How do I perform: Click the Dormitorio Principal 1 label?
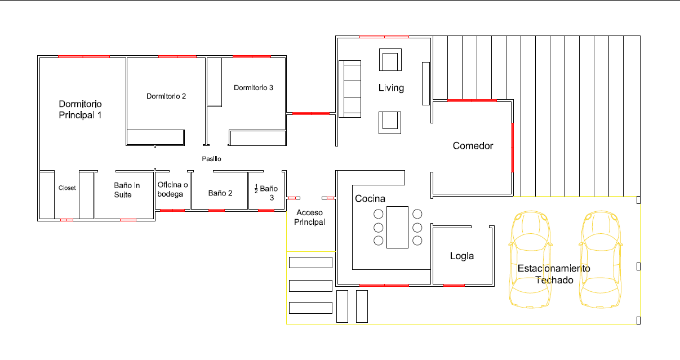click(x=80, y=110)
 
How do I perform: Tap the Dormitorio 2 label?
click(x=166, y=96)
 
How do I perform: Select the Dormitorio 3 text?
click(x=254, y=88)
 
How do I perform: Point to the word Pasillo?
click(x=212, y=159)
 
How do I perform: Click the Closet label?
click(x=67, y=188)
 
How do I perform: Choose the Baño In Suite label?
click(x=127, y=190)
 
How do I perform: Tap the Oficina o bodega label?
click(x=172, y=189)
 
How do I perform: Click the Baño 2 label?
click(x=220, y=193)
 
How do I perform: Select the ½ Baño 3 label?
click(x=266, y=193)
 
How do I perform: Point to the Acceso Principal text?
click(x=309, y=217)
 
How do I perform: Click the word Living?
click(x=391, y=88)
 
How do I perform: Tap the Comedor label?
click(x=473, y=146)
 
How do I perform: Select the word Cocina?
click(x=370, y=198)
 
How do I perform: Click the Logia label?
click(x=462, y=256)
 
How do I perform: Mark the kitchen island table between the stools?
click(x=397, y=228)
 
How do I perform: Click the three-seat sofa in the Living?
click(x=350, y=89)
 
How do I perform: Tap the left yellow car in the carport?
click(x=530, y=260)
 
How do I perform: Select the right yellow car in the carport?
click(x=601, y=260)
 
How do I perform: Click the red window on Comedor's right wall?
click(x=513, y=148)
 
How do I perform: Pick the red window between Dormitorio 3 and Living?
click(x=311, y=114)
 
